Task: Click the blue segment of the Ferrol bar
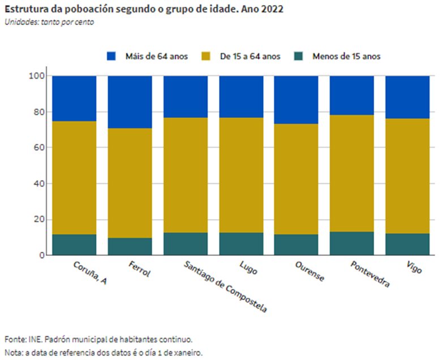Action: click(x=130, y=102)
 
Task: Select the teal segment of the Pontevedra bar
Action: click(x=352, y=243)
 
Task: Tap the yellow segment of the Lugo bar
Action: click(x=241, y=175)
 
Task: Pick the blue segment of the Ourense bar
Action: click(x=296, y=100)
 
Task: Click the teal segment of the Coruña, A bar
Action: click(x=74, y=245)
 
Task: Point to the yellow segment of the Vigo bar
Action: click(x=407, y=175)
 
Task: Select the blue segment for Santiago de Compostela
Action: click(x=186, y=96)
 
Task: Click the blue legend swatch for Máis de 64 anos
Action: click(x=111, y=56)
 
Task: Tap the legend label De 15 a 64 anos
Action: click(x=250, y=56)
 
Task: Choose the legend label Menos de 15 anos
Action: click(x=346, y=56)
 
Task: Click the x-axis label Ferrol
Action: click(x=139, y=270)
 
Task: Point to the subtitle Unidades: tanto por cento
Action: click(x=49, y=22)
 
